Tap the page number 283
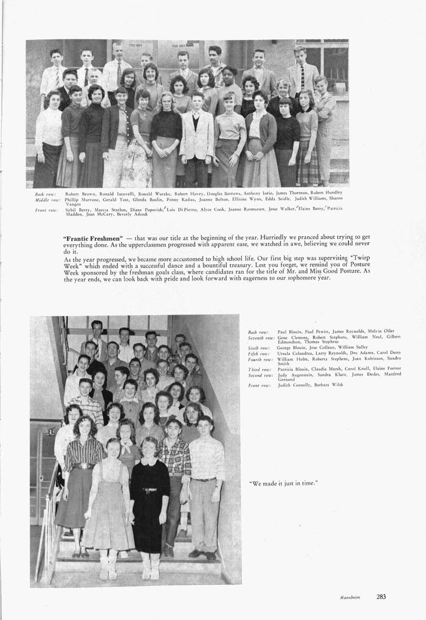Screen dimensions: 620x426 pyautogui.click(x=381, y=596)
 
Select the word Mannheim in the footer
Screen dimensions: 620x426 pyautogui.click(x=350, y=597)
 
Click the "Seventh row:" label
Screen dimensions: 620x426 pyautogui.click(x=261, y=337)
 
